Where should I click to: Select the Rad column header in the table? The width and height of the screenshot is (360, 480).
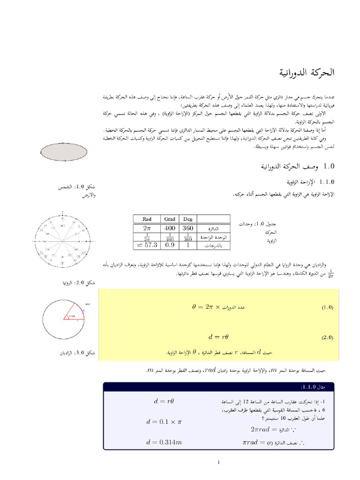click(146, 218)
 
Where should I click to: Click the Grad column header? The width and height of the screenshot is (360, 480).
click(170, 218)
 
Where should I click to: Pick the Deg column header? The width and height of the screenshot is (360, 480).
click(188, 218)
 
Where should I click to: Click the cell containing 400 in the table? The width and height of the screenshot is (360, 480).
click(170, 227)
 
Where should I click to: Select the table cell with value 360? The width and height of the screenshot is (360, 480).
click(188, 227)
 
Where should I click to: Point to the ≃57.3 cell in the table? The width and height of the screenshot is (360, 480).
click(146, 245)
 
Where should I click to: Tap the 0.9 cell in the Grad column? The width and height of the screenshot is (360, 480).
click(170, 245)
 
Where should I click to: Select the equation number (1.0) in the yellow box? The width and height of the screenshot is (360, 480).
click(326, 307)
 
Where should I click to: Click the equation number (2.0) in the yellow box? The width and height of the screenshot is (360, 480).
click(326, 337)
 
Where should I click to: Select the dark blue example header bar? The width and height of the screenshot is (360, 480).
click(218, 386)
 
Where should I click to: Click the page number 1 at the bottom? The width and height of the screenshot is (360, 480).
click(218, 463)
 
